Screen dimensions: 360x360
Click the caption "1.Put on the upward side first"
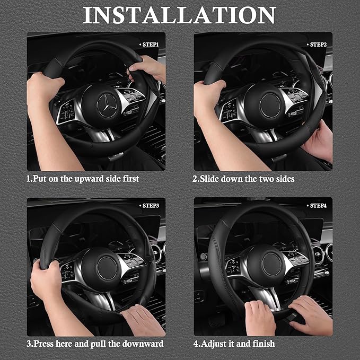tap(83, 179)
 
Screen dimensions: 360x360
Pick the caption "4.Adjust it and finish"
tap(234, 344)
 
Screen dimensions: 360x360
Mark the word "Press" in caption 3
tap(45, 344)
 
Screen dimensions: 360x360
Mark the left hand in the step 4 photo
tap(260, 317)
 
